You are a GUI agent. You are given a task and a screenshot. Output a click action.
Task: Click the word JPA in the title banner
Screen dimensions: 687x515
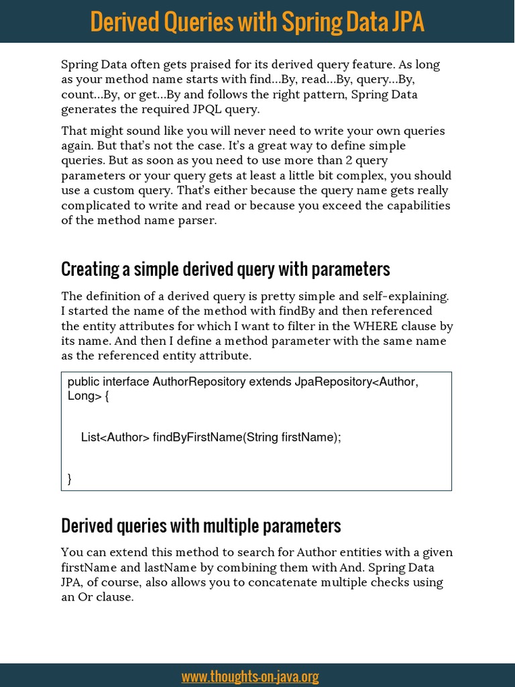tap(400, 21)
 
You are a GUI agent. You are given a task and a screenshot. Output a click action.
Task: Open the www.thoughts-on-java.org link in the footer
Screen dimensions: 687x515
tap(249, 676)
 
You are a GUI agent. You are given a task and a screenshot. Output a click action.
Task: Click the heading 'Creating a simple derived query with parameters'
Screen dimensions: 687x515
tap(225, 269)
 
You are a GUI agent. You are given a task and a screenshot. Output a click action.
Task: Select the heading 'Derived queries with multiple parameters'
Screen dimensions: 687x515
tap(201, 525)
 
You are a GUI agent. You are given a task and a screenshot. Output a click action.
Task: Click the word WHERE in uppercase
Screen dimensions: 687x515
tap(379, 326)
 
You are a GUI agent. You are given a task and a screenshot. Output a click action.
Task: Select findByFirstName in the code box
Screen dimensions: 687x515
tap(196, 437)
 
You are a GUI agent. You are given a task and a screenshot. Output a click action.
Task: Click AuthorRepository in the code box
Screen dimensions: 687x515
tap(199, 382)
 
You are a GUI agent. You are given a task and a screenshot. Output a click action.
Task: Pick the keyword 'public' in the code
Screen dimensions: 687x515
tap(83, 382)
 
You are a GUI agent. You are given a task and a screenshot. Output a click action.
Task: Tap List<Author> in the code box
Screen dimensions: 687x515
tap(115, 437)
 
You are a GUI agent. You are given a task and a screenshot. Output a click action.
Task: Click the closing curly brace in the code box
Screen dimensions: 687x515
tap(70, 478)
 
